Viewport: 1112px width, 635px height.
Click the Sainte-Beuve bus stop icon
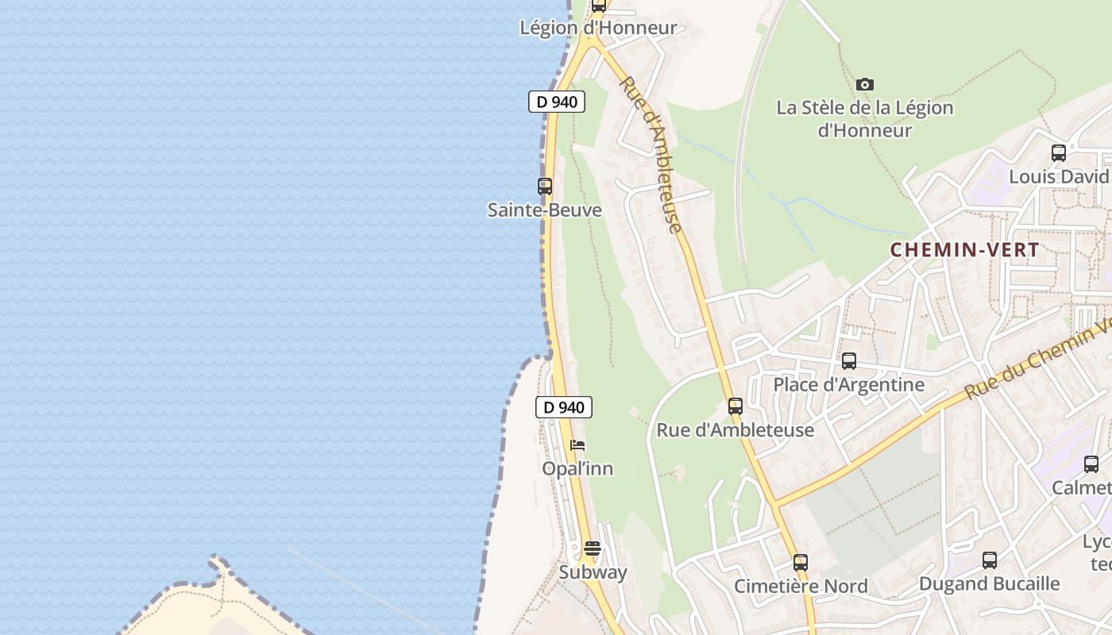tap(545, 187)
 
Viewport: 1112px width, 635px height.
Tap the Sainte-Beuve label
tap(545, 210)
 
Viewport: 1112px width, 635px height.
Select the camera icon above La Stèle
tap(865, 84)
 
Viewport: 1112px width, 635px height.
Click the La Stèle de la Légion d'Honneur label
tap(864, 119)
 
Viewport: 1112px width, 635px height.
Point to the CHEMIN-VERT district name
tap(964, 250)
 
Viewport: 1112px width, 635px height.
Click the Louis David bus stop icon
tap(1059, 153)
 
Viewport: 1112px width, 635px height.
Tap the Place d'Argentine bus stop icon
tap(849, 361)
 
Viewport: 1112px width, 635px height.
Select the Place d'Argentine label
tap(849, 385)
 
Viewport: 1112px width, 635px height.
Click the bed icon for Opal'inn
tap(577, 445)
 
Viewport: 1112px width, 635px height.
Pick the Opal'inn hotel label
tap(577, 469)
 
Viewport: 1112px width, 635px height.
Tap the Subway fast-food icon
tap(593, 548)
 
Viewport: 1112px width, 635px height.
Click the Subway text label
tap(593, 572)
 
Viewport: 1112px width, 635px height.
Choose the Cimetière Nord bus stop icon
tap(801, 563)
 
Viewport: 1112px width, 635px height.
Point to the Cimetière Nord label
tap(801, 587)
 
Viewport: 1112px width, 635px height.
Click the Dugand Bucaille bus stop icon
tap(990, 560)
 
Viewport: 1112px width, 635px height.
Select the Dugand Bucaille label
tap(990, 584)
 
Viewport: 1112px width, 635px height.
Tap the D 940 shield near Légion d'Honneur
tap(557, 102)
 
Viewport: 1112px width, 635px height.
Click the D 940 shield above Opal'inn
tap(564, 407)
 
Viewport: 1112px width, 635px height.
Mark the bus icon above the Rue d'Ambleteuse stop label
tap(736, 406)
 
